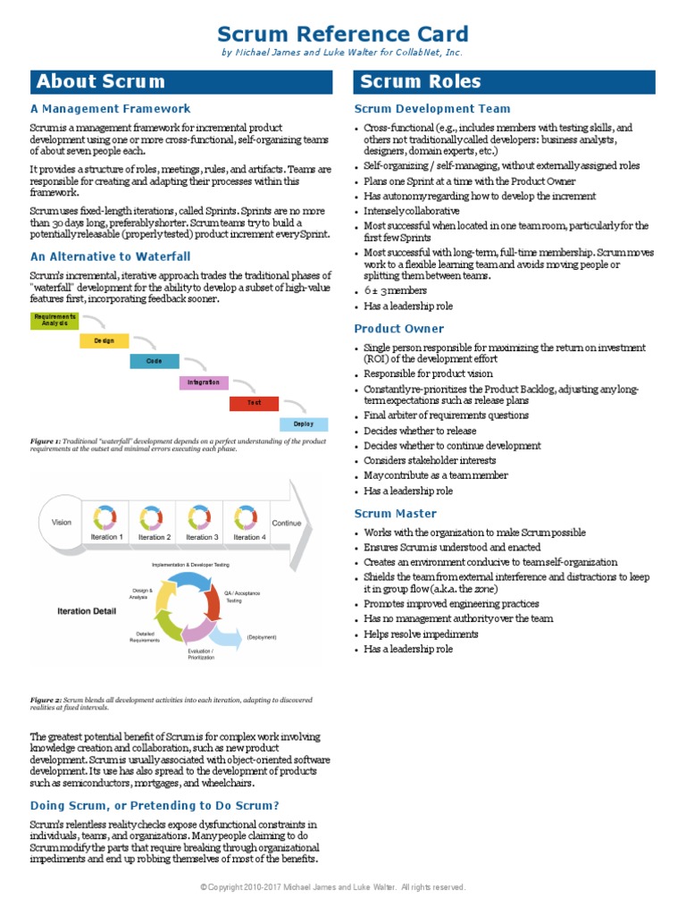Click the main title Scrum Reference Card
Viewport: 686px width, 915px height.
(343, 34)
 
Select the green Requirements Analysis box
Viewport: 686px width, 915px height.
(54, 320)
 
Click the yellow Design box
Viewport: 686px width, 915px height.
(105, 340)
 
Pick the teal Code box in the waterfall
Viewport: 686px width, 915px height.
(154, 361)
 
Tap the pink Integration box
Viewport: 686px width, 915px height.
(204, 382)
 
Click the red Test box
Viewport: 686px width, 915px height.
(254, 403)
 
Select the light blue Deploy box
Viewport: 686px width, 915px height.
(304, 424)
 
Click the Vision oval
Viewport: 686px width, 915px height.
(61, 522)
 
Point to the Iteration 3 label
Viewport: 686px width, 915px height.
(201, 537)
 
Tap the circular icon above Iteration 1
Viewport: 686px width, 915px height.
(106, 516)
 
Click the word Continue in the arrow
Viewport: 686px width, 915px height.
(287, 524)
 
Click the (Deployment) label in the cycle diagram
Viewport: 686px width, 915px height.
(262, 637)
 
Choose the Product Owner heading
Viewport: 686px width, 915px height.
(398, 329)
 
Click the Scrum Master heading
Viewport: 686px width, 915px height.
(396, 514)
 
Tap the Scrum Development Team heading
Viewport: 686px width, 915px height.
(432, 109)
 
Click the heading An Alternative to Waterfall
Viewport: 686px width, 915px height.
(111, 256)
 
